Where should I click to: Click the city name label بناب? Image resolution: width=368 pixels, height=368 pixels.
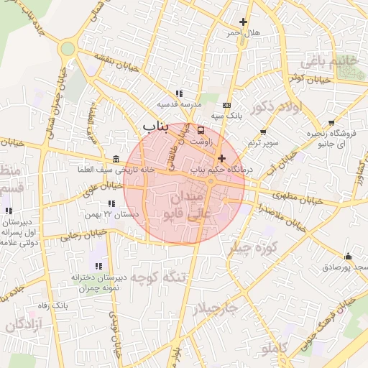tap(155, 127)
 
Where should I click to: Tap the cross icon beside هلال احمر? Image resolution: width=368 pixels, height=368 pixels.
tap(242, 22)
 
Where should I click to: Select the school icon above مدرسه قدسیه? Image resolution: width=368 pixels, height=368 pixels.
tap(178, 93)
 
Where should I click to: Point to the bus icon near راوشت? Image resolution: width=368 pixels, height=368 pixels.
tap(201, 131)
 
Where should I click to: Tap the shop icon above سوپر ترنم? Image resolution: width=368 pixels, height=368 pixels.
tap(263, 132)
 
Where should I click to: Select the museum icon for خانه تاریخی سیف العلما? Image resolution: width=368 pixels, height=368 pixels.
tap(116, 160)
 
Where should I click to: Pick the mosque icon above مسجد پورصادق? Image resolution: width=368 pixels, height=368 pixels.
tap(349, 257)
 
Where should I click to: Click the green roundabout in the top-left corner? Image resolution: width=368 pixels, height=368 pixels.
tap(68, 48)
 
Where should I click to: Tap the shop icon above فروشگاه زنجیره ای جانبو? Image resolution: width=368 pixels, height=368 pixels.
tap(331, 122)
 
